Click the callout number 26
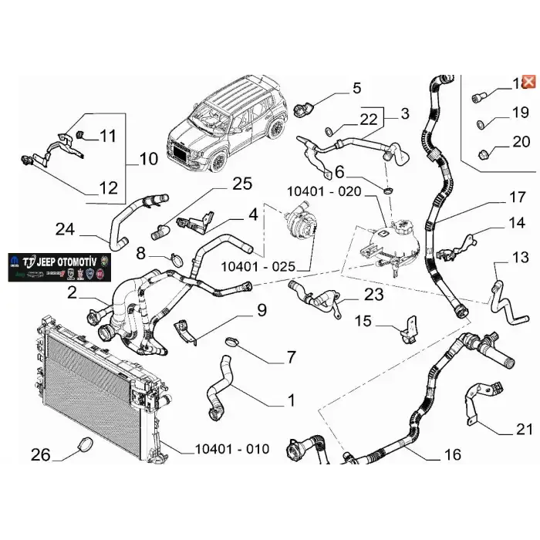[41, 454]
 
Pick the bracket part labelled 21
[472, 404]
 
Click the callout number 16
[453, 455]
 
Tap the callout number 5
[356, 89]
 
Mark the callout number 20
[521, 141]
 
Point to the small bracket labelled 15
[407, 329]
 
